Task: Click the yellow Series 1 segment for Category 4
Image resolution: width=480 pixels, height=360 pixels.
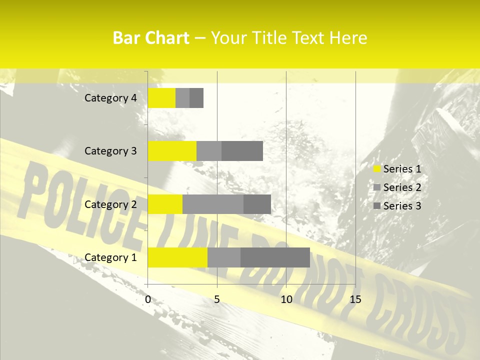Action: point(161,98)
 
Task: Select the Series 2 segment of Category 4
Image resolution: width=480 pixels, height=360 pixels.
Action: point(182,98)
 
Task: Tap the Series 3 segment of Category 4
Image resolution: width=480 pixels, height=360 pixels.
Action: point(196,98)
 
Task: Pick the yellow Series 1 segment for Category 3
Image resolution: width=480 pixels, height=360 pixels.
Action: point(172,151)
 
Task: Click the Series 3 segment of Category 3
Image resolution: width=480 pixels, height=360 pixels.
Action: point(242,151)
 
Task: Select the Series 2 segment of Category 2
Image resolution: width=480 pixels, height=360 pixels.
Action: point(213,204)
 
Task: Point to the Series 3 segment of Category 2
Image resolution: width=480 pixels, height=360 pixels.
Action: point(257,204)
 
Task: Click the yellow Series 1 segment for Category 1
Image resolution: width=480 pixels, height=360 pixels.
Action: point(177,257)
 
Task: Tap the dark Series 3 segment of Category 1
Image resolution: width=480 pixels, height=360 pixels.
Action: point(275,257)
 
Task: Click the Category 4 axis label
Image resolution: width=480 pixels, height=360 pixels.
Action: point(110,98)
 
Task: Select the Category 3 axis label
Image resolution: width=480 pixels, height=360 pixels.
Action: point(110,151)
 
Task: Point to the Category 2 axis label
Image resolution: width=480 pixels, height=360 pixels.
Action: point(110,204)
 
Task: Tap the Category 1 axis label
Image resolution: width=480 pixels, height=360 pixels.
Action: point(110,257)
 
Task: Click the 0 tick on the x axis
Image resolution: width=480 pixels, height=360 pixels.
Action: point(148,299)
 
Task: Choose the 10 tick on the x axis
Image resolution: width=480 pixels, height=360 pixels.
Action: point(286,299)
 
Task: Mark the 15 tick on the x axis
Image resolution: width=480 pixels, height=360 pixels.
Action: point(355,299)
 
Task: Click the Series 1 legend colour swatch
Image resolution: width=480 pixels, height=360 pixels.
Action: point(376,169)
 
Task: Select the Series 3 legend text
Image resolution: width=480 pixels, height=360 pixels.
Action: point(402,206)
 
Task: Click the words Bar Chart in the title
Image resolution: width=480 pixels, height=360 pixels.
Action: point(151,38)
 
